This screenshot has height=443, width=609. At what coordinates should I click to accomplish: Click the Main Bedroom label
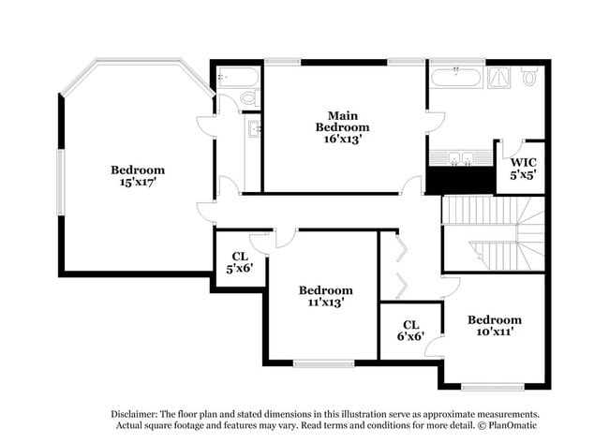[342, 122]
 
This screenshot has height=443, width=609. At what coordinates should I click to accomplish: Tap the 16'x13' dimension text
[343, 139]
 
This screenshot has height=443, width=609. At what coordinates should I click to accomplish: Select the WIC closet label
[523, 162]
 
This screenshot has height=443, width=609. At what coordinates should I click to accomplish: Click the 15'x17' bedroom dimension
[138, 182]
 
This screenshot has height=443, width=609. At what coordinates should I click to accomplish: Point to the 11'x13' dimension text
[326, 303]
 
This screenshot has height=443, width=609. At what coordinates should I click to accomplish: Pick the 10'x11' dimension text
[496, 332]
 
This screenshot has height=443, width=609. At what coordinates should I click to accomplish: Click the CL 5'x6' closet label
[240, 262]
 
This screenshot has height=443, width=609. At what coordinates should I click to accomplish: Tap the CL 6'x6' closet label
[410, 331]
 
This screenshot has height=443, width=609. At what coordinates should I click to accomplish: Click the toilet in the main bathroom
[528, 77]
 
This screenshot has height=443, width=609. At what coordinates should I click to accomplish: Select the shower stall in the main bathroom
[499, 78]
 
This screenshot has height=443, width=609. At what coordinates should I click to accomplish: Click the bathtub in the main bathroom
[456, 78]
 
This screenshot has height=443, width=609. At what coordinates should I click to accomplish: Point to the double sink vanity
[461, 157]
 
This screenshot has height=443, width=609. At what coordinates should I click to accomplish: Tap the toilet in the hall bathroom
[250, 97]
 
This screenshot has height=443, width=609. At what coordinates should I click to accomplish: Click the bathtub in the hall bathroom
[238, 77]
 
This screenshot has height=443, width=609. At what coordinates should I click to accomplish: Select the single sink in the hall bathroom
[254, 128]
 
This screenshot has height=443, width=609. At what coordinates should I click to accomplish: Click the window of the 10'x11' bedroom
[493, 387]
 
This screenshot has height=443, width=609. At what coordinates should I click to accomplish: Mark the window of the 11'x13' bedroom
[323, 363]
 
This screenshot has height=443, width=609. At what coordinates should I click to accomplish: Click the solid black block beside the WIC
[461, 180]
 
